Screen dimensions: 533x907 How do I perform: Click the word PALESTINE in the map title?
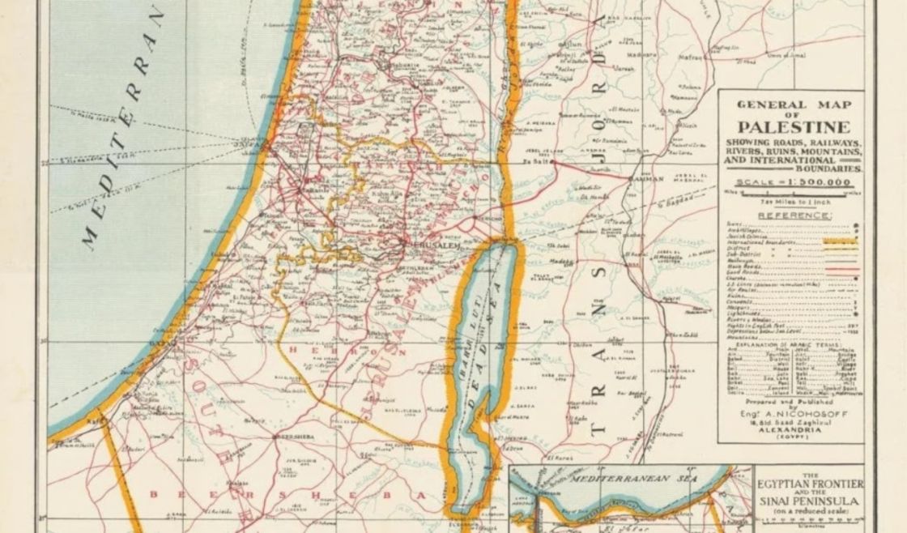794,127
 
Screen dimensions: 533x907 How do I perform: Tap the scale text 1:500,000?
794,182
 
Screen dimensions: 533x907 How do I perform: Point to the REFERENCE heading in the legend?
794,215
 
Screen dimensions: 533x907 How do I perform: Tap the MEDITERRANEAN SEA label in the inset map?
627,479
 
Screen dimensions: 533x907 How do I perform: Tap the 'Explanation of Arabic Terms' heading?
794,344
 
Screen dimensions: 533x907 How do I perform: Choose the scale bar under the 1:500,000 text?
794,194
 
